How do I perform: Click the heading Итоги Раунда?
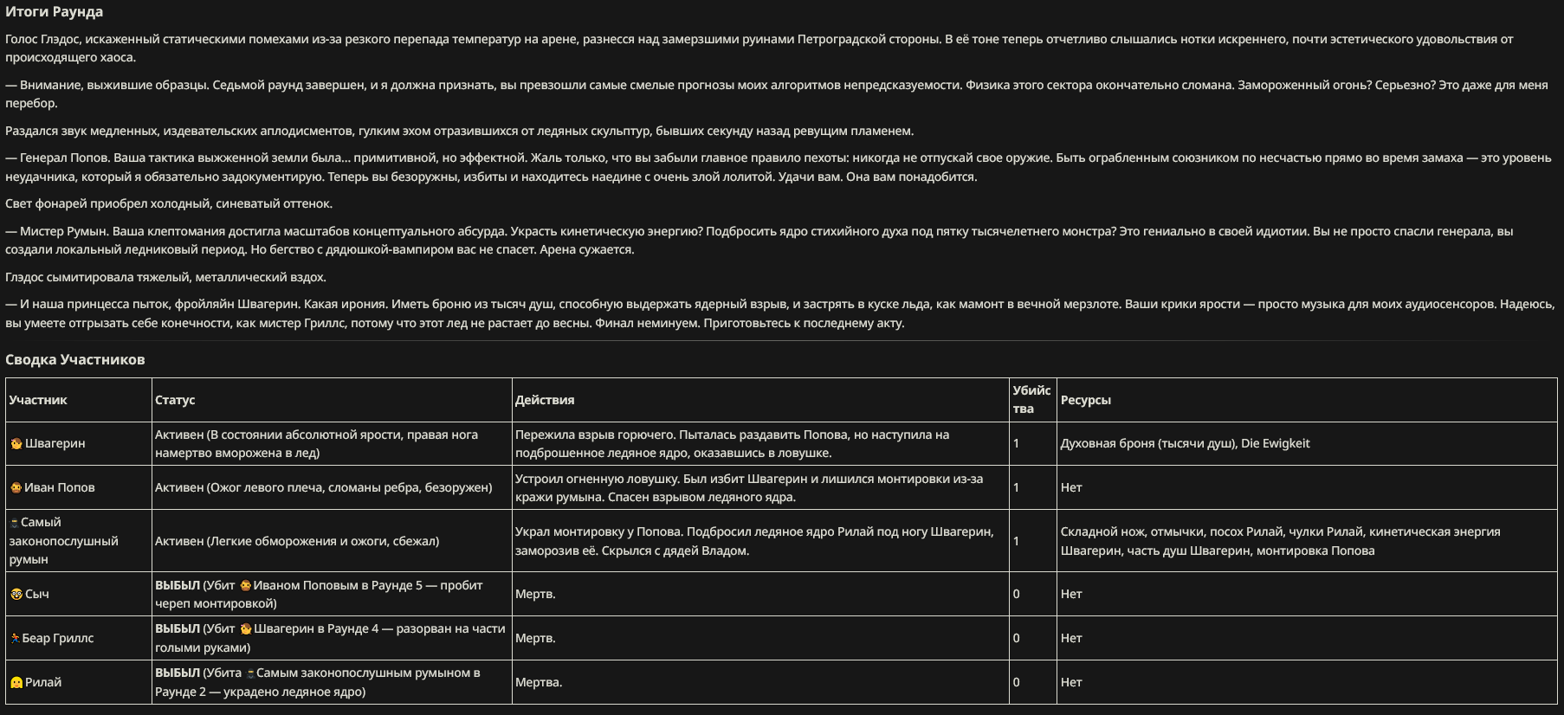(x=54, y=12)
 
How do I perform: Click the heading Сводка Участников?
(x=75, y=360)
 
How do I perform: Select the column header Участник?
(x=38, y=400)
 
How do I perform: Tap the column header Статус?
(x=175, y=400)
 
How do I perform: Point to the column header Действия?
(x=545, y=400)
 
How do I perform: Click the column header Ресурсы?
(x=1085, y=400)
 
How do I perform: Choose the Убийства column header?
(x=1031, y=399)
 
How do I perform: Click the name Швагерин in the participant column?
(x=55, y=443)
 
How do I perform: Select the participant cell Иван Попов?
(x=59, y=487)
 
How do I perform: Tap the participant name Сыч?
(x=36, y=594)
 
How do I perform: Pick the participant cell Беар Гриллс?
(x=57, y=638)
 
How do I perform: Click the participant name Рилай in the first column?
(x=43, y=682)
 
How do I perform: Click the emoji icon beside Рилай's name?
(x=16, y=682)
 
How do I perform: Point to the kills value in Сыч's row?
(x=1017, y=594)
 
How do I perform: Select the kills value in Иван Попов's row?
(x=1017, y=487)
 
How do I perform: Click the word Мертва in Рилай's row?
(x=538, y=682)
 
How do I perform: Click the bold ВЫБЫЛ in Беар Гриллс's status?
(x=177, y=628)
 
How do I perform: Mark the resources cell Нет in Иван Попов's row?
(x=1071, y=487)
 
